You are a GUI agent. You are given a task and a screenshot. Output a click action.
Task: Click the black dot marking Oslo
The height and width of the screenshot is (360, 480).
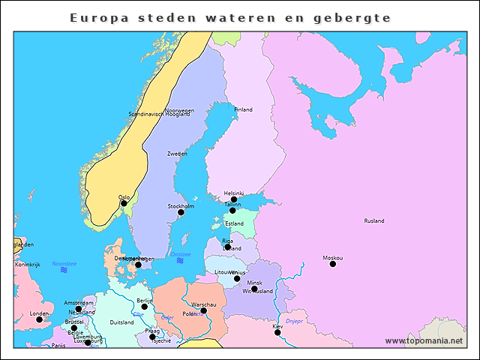click(x=124, y=203)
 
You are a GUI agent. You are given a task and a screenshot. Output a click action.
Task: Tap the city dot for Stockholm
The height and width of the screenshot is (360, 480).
click(x=181, y=212)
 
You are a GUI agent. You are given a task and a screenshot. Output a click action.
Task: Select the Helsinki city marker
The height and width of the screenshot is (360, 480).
click(x=234, y=199)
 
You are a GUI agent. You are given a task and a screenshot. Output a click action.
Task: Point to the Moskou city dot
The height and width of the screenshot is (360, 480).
click(x=333, y=264)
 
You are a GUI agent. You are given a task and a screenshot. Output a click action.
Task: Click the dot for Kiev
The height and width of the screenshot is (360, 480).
click(x=277, y=332)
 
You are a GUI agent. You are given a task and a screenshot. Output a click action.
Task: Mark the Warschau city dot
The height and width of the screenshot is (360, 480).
click(x=203, y=310)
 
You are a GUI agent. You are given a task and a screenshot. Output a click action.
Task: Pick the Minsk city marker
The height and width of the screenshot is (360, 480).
click(x=254, y=289)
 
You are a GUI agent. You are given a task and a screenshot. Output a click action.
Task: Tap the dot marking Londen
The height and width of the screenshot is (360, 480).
click(x=39, y=319)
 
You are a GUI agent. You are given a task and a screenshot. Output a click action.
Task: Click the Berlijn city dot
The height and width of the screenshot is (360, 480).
click(x=145, y=306)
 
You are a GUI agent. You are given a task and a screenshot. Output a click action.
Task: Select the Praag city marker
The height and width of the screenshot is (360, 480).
click(x=152, y=337)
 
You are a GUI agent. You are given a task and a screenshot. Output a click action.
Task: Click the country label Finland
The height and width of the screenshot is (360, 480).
click(x=243, y=109)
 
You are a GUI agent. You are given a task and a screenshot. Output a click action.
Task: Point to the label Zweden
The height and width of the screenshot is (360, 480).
click(x=177, y=153)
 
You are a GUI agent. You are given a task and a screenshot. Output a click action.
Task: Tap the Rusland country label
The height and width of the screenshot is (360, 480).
click(x=373, y=221)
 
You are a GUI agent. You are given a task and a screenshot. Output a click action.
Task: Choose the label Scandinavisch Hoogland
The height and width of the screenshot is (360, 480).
click(x=159, y=115)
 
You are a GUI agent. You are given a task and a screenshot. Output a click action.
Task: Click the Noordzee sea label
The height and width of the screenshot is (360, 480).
click(x=64, y=264)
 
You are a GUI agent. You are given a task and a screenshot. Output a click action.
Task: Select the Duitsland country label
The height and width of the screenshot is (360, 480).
click(x=121, y=322)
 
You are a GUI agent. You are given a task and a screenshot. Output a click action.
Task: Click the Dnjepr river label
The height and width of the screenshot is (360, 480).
click(x=294, y=321)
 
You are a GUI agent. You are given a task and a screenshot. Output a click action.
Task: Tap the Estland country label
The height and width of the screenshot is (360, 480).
click(x=234, y=223)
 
